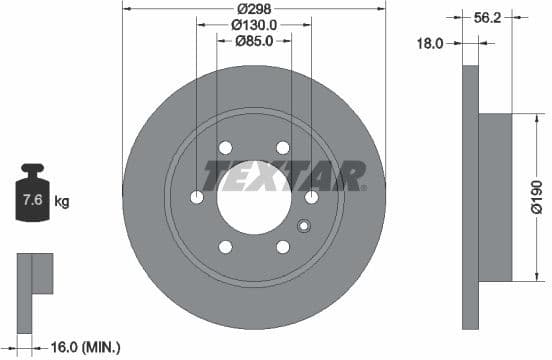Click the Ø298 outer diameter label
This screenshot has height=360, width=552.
253,8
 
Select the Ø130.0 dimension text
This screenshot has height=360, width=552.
253,25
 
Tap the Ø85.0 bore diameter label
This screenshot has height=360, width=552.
255,41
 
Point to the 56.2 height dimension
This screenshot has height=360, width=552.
488,16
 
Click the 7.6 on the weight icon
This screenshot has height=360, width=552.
32,202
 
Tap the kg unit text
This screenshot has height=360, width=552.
61,202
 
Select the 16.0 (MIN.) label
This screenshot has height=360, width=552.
84,347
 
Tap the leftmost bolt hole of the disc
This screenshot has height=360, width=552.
196,197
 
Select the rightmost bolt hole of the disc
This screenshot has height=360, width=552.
311,197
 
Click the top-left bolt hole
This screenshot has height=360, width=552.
225,148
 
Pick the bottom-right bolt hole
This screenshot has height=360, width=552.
283,246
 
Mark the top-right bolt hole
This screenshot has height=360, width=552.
283,148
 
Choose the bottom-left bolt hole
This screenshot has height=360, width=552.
225,246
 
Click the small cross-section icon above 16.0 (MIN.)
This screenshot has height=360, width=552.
33,273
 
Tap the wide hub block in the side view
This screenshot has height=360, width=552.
494,196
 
